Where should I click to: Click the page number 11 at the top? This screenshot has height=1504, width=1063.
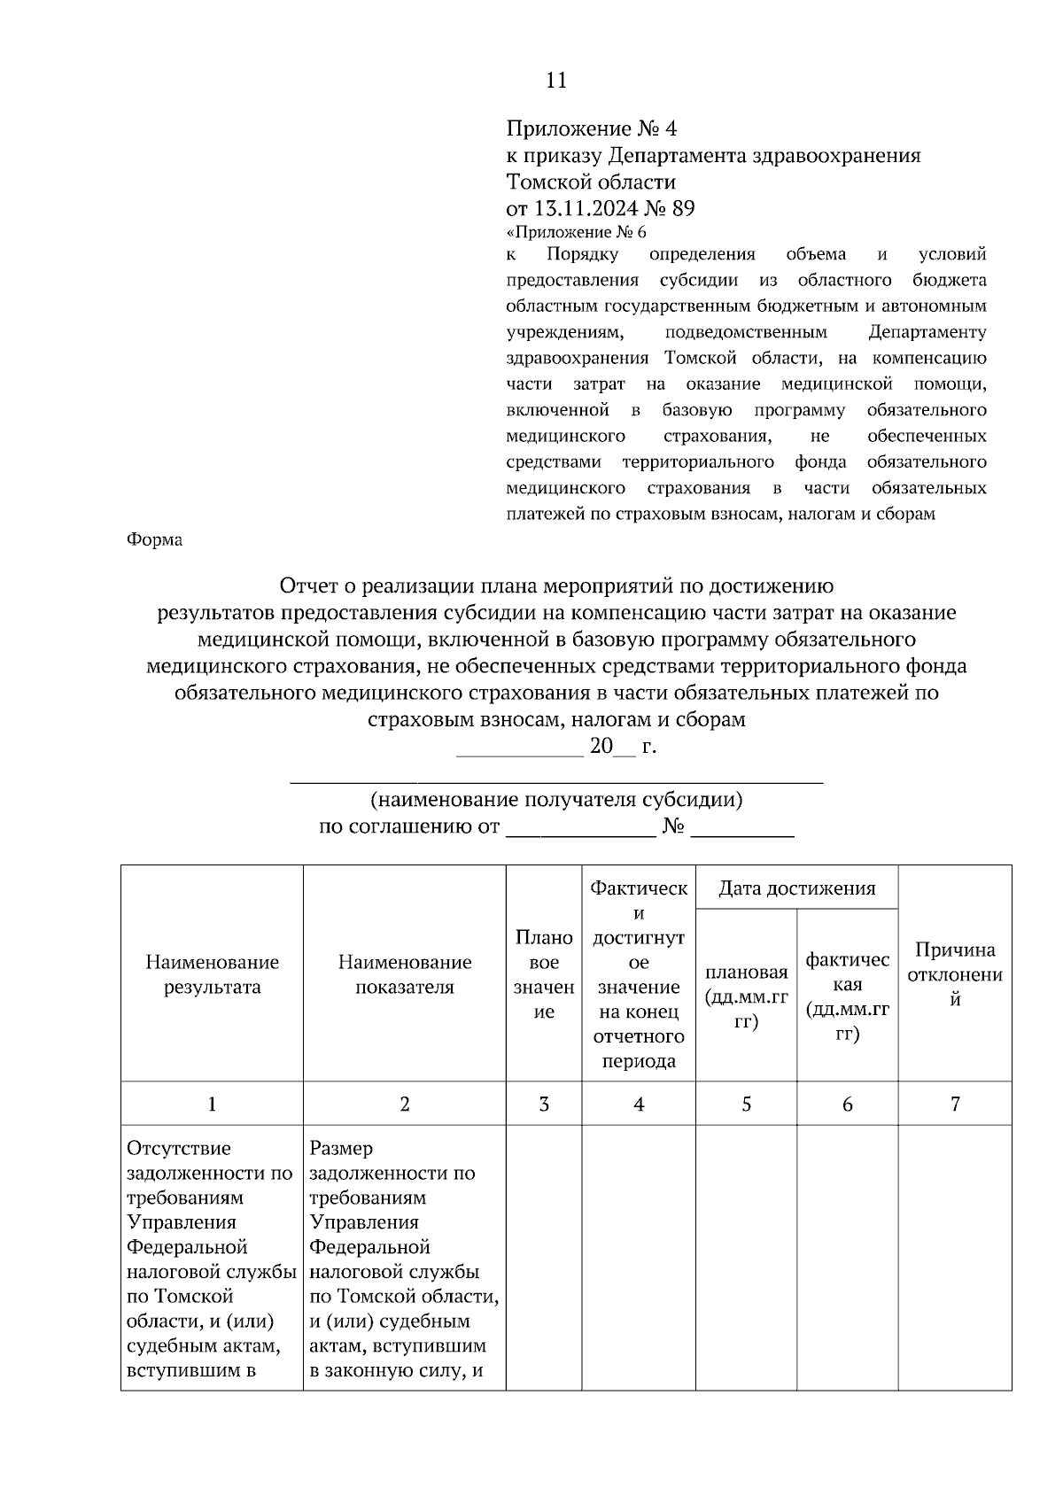pyautogui.click(x=555, y=81)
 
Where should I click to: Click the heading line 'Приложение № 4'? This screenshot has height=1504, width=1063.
pyautogui.click(x=591, y=129)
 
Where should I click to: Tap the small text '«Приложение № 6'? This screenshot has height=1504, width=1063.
pyautogui.click(x=576, y=233)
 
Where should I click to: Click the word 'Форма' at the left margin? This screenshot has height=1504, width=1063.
pyautogui.click(x=155, y=539)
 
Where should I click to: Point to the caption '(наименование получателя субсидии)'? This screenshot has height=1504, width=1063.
pyautogui.click(x=556, y=800)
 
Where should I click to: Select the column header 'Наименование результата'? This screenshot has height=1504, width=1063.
pyautogui.click(x=212, y=974)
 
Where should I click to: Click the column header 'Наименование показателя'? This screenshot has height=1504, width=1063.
pyautogui.click(x=405, y=974)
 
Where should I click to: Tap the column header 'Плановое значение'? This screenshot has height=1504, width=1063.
pyautogui.click(x=544, y=974)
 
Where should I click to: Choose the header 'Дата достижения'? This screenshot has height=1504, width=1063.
pyautogui.click(x=796, y=888)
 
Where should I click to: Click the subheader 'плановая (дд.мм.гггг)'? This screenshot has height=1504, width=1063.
pyautogui.click(x=746, y=997)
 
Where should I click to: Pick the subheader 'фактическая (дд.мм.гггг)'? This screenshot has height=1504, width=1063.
pyautogui.click(x=847, y=997)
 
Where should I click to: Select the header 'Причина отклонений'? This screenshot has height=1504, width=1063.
pyautogui.click(x=955, y=974)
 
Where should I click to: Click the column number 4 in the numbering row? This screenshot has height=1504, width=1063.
pyautogui.click(x=639, y=1105)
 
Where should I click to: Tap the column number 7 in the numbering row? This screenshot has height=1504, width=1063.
pyautogui.click(x=955, y=1105)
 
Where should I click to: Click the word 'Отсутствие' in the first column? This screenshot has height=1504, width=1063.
pyautogui.click(x=179, y=1149)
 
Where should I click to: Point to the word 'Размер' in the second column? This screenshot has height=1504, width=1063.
pyautogui.click(x=341, y=1149)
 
